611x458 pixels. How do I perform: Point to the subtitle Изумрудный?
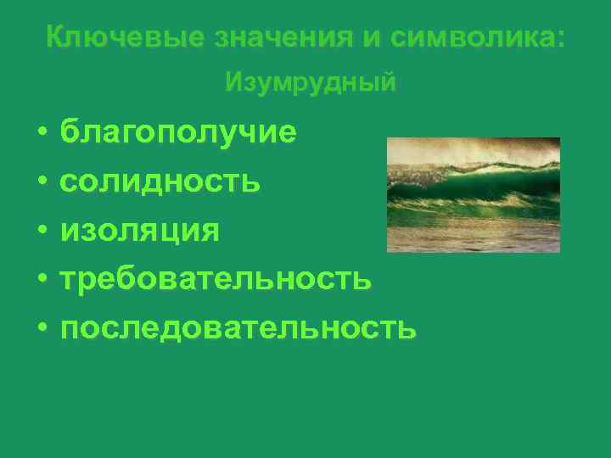311,83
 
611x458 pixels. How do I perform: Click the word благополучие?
178,133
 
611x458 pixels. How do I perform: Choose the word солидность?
160,182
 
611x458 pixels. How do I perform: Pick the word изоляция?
139,230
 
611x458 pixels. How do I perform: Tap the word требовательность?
216,278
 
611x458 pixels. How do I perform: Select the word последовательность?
238,327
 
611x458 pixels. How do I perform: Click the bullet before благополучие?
41,134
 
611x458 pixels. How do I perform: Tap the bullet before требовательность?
41,279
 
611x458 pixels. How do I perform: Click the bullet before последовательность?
41,327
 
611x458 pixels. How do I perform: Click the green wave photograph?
473,195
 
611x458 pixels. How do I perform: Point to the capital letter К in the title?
54,37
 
